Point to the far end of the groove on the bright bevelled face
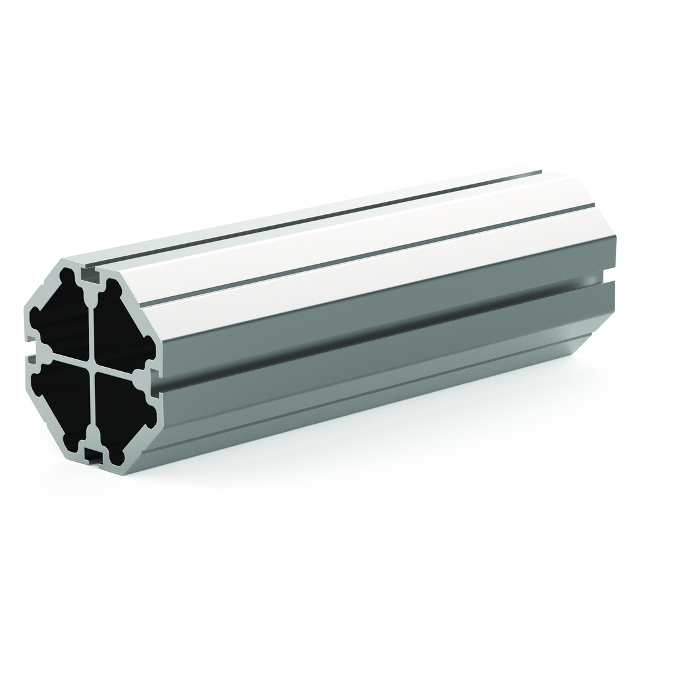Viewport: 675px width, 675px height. tap(592, 204)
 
